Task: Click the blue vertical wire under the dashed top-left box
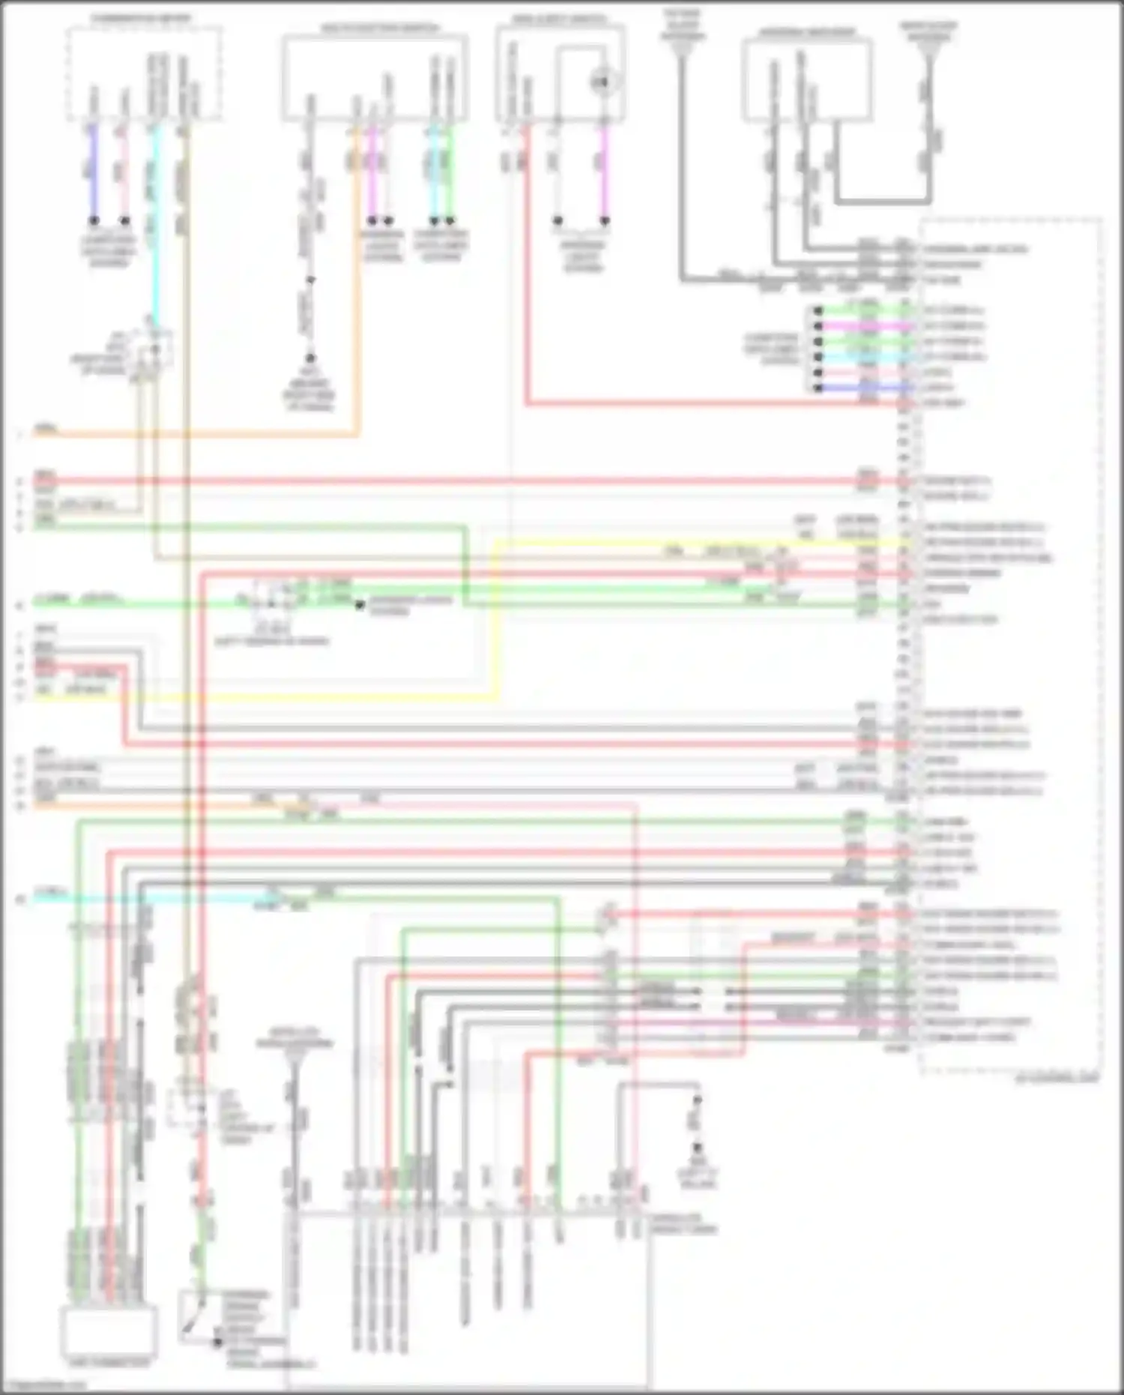(x=94, y=172)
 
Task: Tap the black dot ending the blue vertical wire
(x=94, y=221)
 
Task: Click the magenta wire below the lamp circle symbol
(x=604, y=172)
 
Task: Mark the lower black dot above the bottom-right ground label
(x=698, y=1148)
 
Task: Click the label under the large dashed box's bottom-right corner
(x=1056, y=1080)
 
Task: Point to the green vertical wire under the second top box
(x=450, y=172)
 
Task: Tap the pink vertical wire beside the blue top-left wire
(x=124, y=172)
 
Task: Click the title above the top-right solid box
(x=807, y=32)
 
